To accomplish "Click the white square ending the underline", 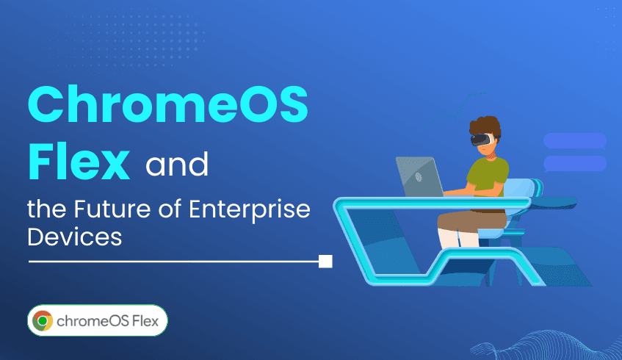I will [325, 261].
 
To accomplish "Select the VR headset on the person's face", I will [480, 138].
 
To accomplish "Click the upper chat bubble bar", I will [574, 140].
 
